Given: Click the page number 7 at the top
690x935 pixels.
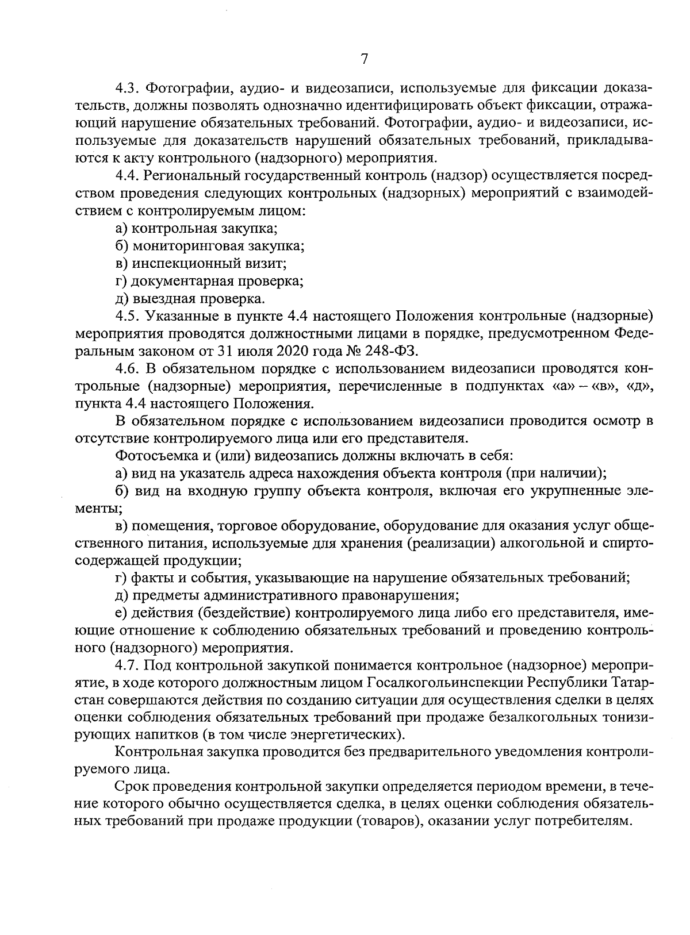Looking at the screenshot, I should point(363,59).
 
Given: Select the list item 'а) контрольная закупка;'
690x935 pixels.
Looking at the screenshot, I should point(197,228).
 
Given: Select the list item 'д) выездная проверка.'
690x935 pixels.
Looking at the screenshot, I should point(190,299).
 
